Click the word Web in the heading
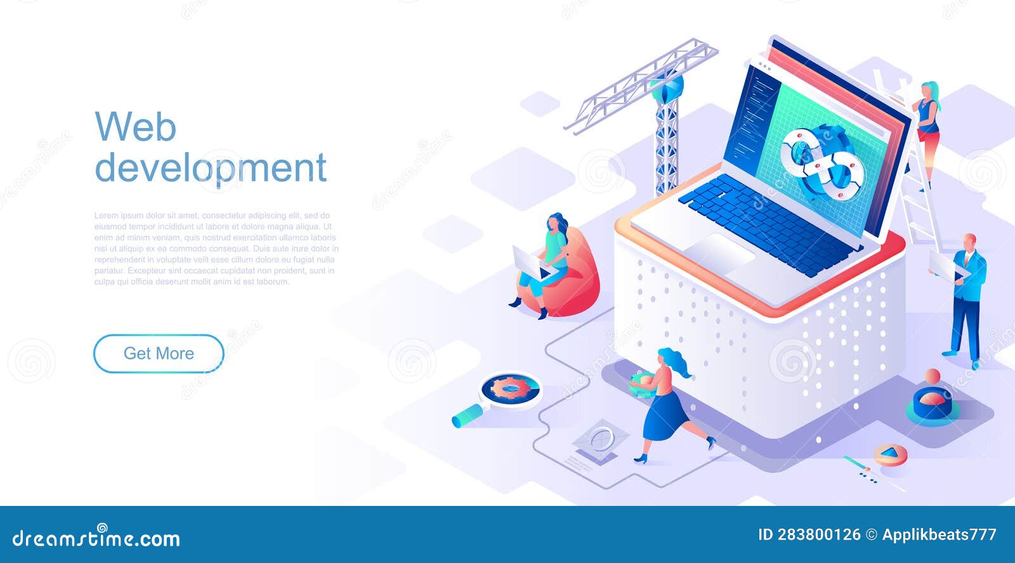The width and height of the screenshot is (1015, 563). tap(135, 127)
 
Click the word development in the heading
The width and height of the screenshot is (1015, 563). tap(210, 168)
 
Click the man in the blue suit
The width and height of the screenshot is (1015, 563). tap(967, 298)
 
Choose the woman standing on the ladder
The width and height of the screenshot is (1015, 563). tap(927, 127)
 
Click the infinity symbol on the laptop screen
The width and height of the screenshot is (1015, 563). tap(822, 162)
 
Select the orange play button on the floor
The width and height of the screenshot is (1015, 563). tap(891, 453)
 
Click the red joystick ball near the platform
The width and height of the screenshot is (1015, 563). tap(932, 376)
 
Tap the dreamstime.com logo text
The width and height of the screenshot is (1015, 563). tap(96, 538)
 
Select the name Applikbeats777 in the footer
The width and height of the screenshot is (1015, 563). tap(939, 535)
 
